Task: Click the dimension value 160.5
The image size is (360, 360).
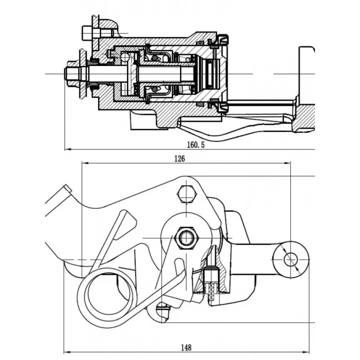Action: (x=196, y=145)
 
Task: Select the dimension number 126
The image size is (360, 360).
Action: (x=179, y=159)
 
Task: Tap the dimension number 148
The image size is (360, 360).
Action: (x=186, y=348)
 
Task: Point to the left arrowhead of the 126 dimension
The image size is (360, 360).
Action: (x=85, y=163)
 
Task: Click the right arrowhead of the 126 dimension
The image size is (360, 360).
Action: (x=288, y=163)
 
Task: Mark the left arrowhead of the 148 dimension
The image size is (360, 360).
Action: (x=66, y=352)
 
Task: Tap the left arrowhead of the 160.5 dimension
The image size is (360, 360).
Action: (x=68, y=149)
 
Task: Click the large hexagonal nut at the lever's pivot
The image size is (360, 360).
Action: (x=187, y=238)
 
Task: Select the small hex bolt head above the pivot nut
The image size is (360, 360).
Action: (x=187, y=194)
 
